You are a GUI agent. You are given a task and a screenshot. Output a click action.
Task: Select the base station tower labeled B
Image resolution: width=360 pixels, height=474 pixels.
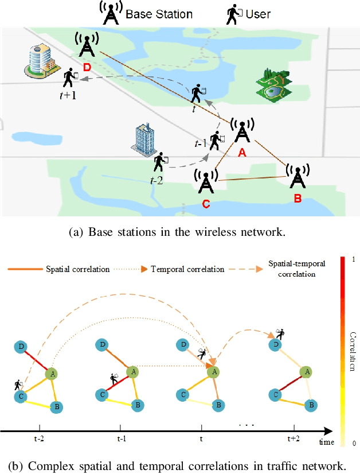(x=296, y=176)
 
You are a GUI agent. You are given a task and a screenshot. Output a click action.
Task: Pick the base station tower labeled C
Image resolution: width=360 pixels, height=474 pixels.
(x=205, y=181)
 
